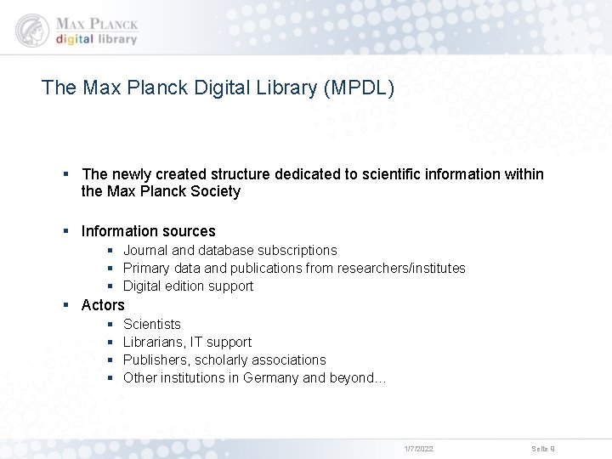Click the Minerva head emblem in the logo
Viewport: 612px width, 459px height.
(x=31, y=30)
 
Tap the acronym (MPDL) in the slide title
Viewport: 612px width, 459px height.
(x=359, y=87)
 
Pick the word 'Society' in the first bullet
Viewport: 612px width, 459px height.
(x=216, y=192)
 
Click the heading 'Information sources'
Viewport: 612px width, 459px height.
(x=148, y=231)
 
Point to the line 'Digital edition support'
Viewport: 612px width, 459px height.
(x=188, y=286)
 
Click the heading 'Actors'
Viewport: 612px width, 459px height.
(x=103, y=304)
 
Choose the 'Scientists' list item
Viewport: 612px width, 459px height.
(x=152, y=324)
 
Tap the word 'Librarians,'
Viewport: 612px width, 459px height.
(x=157, y=342)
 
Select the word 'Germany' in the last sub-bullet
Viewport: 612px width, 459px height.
(x=270, y=377)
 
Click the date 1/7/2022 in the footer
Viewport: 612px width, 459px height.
(x=418, y=448)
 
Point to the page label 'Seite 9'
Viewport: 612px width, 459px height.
(x=543, y=448)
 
